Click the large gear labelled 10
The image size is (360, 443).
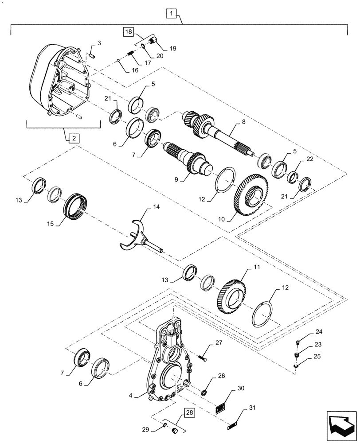250,195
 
